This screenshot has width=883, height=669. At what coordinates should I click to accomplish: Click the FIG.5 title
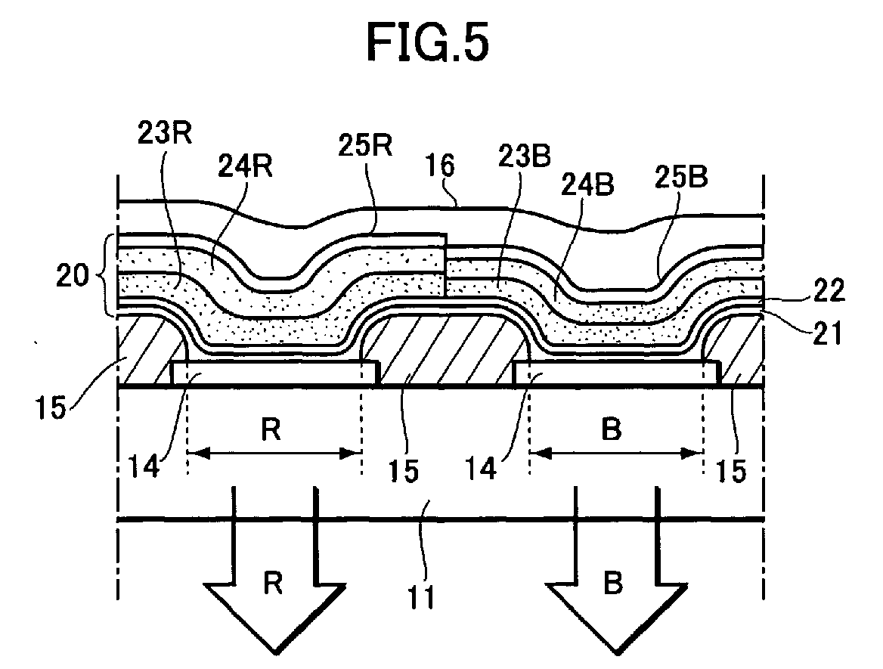428,43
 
